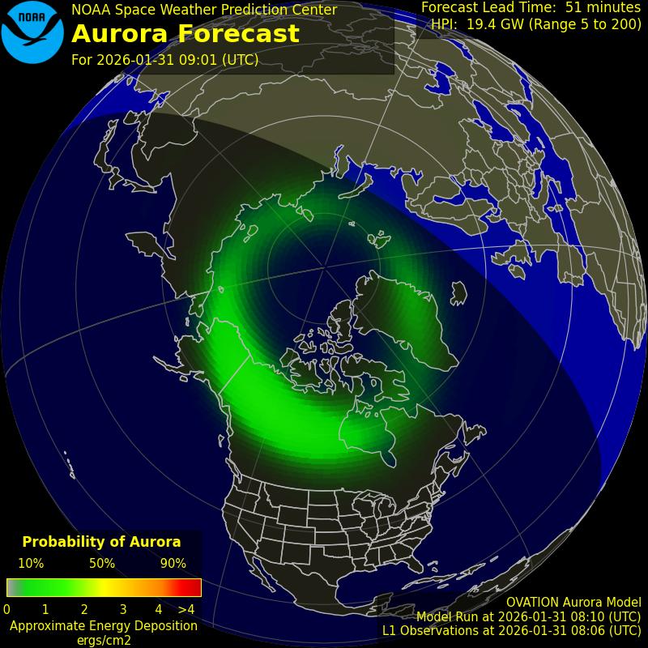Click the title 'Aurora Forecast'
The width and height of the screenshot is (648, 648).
pyautogui.click(x=185, y=34)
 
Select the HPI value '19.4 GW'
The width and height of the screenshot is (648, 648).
pyautogui.click(x=492, y=24)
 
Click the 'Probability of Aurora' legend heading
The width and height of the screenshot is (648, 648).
pyautogui.click(x=101, y=542)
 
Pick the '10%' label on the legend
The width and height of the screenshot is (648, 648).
pyautogui.click(x=31, y=564)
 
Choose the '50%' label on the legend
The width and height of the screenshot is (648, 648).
pyautogui.click(x=102, y=564)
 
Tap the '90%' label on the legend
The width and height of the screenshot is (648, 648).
pyautogui.click(x=173, y=564)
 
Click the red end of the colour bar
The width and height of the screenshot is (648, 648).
pyautogui.click(x=193, y=587)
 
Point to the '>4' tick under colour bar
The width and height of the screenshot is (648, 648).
pyautogui.click(x=186, y=609)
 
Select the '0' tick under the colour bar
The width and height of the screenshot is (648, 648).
pyautogui.click(x=7, y=609)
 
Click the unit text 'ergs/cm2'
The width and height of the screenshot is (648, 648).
pyautogui.click(x=103, y=640)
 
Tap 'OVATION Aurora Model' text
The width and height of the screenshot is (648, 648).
pyautogui.click(x=573, y=603)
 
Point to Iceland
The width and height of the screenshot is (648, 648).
pyautogui.click(x=458, y=292)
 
